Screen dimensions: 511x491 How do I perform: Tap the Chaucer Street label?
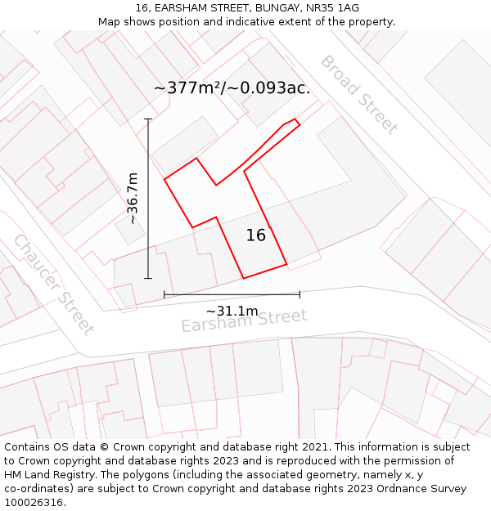[53, 284]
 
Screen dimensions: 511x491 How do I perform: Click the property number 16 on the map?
[256, 235]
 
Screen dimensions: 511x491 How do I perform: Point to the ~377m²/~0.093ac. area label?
[232, 88]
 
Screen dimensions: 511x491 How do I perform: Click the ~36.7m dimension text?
[132, 198]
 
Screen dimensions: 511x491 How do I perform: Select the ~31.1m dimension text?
[232, 311]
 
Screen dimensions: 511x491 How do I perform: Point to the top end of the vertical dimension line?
[148, 119]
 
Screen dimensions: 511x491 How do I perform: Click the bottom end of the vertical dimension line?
[148, 278]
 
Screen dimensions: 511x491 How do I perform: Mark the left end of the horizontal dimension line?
[164, 294]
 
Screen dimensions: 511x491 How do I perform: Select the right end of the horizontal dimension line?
[300, 294]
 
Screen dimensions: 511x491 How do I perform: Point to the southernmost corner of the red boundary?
[243, 278]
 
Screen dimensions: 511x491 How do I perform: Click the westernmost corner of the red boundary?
[165, 178]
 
